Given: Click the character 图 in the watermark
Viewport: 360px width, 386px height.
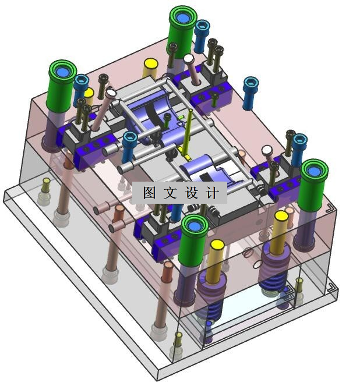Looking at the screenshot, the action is point(149,193).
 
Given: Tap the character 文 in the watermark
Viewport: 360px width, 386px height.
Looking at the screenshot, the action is point(170,193).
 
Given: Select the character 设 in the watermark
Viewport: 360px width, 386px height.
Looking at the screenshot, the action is point(192,193).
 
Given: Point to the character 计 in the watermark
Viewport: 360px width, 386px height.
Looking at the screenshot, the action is point(212,193).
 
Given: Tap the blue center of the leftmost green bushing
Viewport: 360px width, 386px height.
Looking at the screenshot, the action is point(62,72).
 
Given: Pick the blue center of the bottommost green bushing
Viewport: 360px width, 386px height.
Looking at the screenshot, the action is point(194,226).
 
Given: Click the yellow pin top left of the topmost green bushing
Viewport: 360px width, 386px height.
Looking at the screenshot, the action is point(151,63).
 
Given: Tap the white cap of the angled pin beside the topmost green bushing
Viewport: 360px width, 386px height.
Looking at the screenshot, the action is point(189,58).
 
